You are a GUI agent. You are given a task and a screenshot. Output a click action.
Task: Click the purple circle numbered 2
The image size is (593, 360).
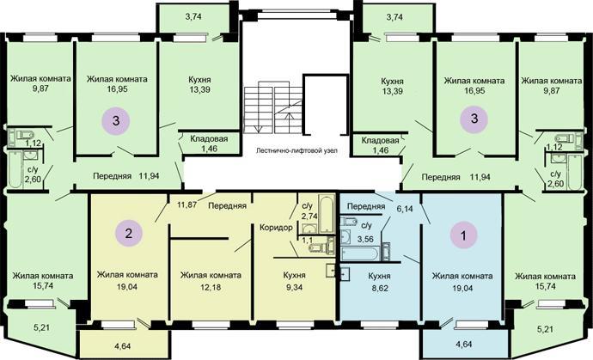129,233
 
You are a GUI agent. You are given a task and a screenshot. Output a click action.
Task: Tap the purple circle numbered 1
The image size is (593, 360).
464,235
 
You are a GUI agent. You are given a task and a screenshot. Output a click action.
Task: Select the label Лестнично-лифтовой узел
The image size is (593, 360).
296,150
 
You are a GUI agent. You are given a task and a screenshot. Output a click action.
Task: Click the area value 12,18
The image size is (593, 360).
211,287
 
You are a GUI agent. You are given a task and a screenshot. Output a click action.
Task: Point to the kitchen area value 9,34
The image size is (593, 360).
295,287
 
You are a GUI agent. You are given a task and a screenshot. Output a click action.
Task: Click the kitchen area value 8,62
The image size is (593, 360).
379,288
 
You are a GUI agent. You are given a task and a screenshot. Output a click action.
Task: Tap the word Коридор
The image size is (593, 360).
276,228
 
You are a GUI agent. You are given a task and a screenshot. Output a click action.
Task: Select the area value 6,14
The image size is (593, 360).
405,209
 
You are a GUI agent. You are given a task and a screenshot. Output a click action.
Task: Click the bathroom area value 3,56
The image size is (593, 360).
365,239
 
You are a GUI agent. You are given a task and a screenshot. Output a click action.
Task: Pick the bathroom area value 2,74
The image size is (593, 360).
309,217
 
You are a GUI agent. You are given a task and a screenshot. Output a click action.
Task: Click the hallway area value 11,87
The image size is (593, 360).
187,205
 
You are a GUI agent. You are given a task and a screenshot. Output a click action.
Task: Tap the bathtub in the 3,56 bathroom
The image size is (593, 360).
359,253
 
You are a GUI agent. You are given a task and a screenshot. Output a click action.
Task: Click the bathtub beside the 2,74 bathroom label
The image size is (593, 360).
327,213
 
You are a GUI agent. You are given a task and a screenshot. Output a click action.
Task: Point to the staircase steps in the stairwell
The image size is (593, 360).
272,110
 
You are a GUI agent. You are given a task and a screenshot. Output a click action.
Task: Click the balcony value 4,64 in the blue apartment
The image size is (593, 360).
463,345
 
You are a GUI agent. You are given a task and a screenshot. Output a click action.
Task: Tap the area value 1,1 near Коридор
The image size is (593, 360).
308,240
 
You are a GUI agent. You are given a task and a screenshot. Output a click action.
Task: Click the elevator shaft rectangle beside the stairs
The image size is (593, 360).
326,104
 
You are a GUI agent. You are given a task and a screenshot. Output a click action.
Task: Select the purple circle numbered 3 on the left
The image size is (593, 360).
116,120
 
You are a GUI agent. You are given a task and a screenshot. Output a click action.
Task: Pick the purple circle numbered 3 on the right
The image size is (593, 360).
474,119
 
